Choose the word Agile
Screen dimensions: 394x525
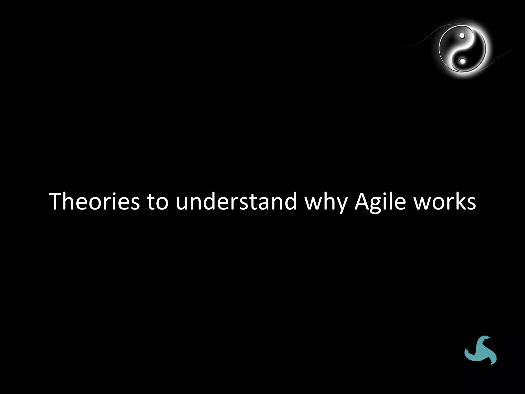(380, 202)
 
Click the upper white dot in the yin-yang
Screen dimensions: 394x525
(462, 36)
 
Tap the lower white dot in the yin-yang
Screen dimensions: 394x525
(462, 61)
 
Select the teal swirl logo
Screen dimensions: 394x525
(480, 350)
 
